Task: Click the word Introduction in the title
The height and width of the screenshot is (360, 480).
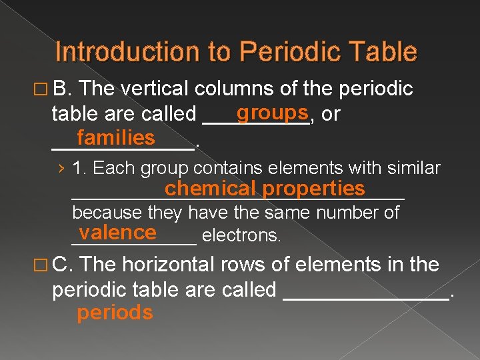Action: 113,52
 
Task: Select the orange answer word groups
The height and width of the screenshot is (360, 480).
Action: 271,111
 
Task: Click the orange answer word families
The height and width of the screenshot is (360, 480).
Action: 115,138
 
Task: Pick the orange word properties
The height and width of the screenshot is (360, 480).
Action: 314,189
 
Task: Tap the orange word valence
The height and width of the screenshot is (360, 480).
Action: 117,232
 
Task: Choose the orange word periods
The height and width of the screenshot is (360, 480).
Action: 115,313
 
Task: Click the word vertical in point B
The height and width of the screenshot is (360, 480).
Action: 157,89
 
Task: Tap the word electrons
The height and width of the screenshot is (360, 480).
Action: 241,235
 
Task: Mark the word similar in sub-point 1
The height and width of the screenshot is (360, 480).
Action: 413,168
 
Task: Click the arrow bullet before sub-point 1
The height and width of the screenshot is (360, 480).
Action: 61,168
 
